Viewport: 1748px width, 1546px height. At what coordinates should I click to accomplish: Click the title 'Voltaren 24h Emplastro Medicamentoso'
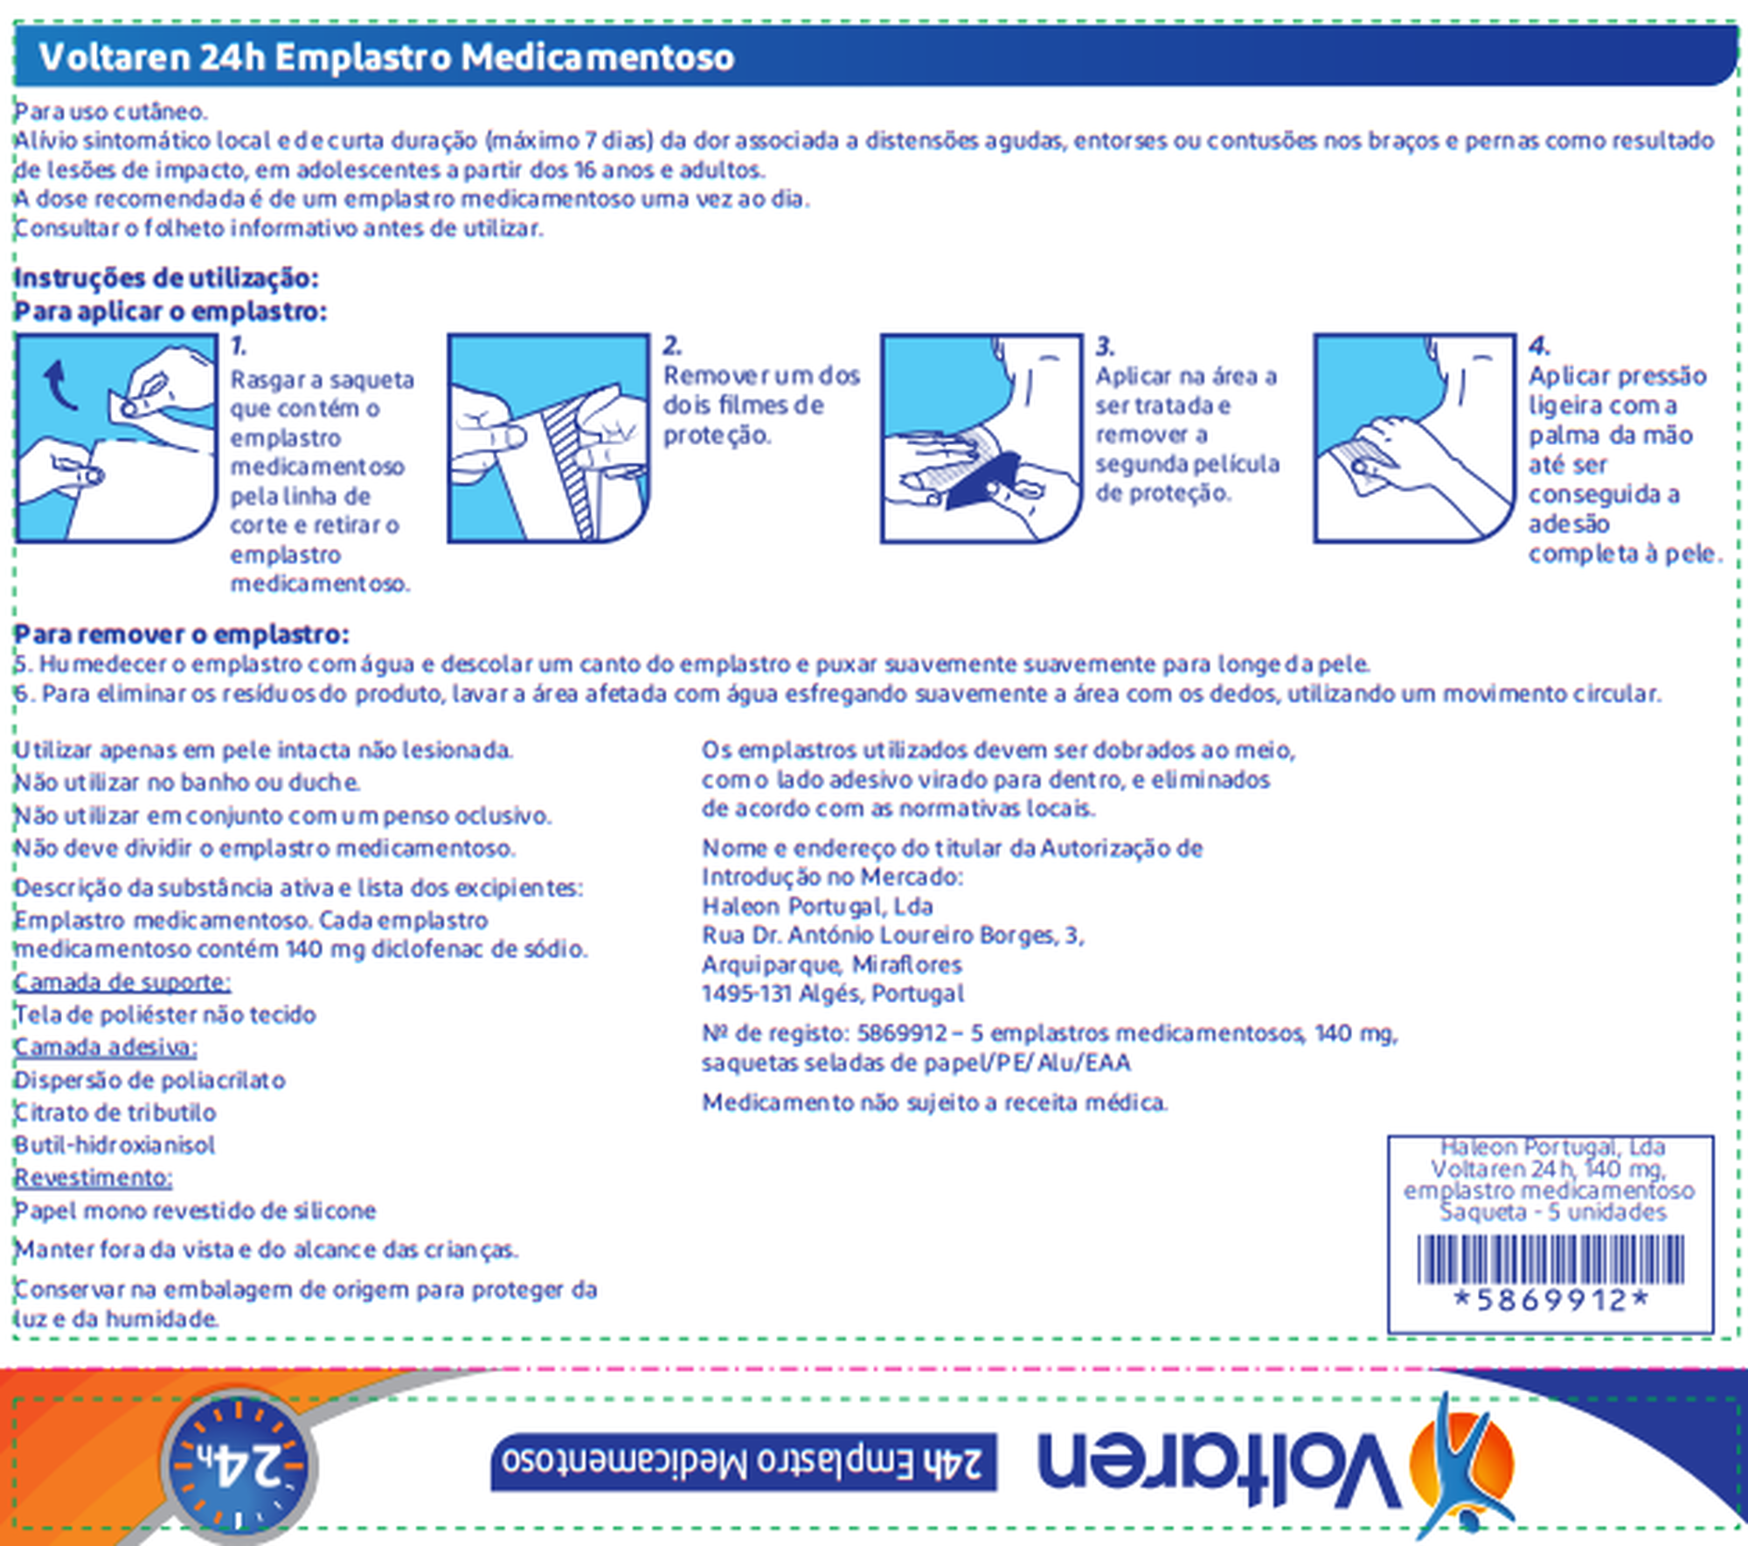point(386,58)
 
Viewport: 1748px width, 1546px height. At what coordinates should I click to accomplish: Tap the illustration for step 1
point(116,437)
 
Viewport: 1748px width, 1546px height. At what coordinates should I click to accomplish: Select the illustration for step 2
point(548,437)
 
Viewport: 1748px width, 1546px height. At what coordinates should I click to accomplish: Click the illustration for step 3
point(981,437)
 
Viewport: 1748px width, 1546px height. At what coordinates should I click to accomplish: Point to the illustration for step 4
point(1414,437)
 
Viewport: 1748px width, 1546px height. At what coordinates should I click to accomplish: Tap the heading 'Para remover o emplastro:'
point(182,634)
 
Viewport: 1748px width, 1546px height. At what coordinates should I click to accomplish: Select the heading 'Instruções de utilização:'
point(166,278)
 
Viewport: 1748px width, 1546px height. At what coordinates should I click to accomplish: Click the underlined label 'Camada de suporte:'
point(122,982)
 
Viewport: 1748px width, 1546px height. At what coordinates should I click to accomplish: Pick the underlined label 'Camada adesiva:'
point(106,1047)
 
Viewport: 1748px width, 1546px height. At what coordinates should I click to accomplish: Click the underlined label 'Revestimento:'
point(94,1177)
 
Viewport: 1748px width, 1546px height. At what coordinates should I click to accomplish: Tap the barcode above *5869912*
point(1550,1259)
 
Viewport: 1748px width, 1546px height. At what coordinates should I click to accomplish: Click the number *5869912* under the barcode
point(1550,1301)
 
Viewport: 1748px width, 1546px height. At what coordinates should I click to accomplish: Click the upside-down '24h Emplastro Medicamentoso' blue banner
point(744,1461)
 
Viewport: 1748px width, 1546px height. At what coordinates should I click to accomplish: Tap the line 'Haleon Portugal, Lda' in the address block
point(817,906)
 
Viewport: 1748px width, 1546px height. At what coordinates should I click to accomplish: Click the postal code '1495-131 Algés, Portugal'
point(832,994)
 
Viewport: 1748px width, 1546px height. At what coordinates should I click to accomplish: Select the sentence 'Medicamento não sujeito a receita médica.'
point(934,1103)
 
